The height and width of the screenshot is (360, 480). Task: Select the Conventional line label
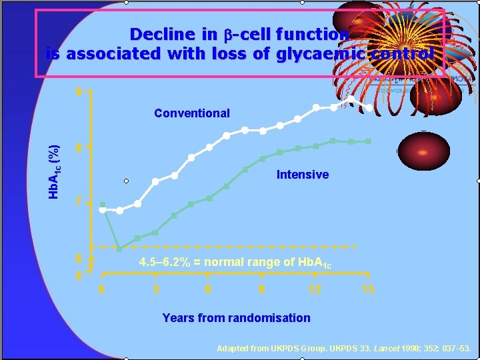click(x=191, y=113)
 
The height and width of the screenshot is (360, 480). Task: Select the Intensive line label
click(x=303, y=175)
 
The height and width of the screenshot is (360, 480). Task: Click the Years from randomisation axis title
click(x=236, y=318)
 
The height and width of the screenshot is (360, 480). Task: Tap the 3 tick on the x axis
click(x=155, y=289)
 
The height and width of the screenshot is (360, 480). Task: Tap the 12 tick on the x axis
click(x=315, y=289)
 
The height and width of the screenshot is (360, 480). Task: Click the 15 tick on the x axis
click(x=368, y=289)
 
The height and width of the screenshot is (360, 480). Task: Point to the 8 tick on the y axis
click(x=79, y=148)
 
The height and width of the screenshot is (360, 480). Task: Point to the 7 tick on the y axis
click(x=79, y=201)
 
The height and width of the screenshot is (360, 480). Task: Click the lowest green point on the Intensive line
click(x=119, y=249)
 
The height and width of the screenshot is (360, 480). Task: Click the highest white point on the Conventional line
click(x=351, y=99)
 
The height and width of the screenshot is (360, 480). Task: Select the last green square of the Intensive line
click(x=369, y=141)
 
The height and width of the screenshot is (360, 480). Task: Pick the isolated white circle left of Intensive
click(x=125, y=181)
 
